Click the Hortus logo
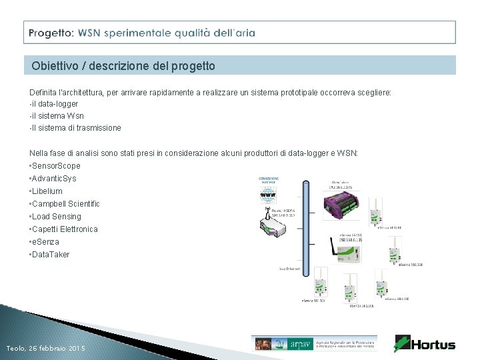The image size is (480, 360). coord(425,344)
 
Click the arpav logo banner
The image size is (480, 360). coord(314,343)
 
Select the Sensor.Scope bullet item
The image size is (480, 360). coord(55,165)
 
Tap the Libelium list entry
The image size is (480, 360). coord(47,191)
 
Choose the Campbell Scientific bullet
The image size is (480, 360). coord(65,204)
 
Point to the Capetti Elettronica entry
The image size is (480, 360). coord(64,229)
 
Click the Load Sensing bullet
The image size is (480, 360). coord(55,217)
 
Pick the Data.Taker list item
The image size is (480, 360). coord(50,255)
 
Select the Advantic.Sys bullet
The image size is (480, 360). coord(53,179)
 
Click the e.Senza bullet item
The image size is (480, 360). coord(45,242)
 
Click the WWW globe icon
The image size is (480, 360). coord(269,195)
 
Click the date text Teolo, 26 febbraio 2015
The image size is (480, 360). coord(45,349)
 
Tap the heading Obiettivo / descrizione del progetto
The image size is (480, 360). coord(123,66)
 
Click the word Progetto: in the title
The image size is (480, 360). coord(51,32)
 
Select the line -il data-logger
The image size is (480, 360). coord(54,104)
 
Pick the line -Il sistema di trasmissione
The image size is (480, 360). coord(75,128)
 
